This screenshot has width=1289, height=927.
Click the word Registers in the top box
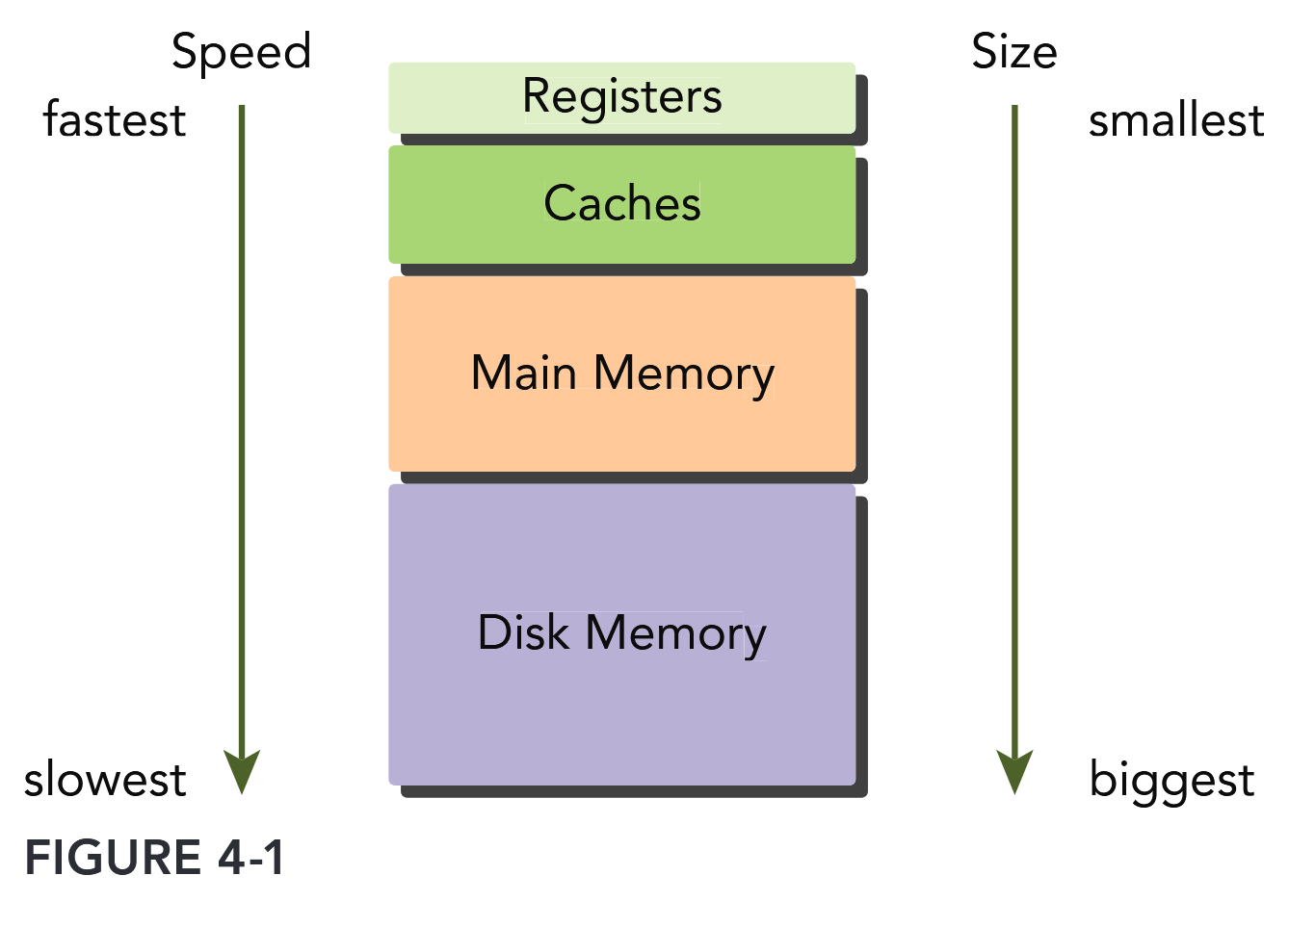point(621,97)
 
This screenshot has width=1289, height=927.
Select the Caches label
point(621,203)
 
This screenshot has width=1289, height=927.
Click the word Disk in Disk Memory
point(523,633)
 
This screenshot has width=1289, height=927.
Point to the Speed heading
point(241,52)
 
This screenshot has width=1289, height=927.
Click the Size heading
point(1013,52)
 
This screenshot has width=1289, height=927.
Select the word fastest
point(115,121)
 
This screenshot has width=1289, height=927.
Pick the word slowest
point(105,780)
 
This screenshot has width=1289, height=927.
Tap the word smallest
point(1175,121)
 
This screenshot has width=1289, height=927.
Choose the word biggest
point(1171,781)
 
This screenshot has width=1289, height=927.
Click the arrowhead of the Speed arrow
point(242,771)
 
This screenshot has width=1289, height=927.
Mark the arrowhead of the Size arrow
point(1014,771)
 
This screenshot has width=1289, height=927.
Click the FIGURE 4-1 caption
point(154,858)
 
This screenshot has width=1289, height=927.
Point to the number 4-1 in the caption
point(251,858)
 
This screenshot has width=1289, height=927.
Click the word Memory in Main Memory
point(684,373)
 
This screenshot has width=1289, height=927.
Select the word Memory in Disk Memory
point(675,633)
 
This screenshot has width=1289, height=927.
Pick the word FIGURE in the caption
point(113,858)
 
